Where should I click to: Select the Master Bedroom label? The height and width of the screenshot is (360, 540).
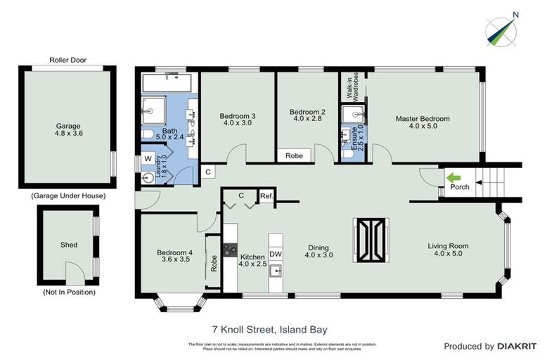point(422,119)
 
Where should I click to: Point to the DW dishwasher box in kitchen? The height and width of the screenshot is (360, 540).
point(276,254)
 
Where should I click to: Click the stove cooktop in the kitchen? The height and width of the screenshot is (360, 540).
point(230,249)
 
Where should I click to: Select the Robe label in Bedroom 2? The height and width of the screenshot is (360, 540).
point(294,156)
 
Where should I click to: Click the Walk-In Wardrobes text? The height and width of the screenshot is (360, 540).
point(352,86)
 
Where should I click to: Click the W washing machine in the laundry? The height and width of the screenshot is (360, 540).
point(148,159)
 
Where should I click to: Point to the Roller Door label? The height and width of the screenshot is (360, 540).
point(67,60)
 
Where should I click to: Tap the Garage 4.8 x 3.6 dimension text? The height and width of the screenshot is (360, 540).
point(69,132)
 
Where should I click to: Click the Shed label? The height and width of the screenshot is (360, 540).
point(68,245)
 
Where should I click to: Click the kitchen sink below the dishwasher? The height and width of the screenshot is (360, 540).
point(276,271)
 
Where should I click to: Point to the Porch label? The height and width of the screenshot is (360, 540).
point(460,187)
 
